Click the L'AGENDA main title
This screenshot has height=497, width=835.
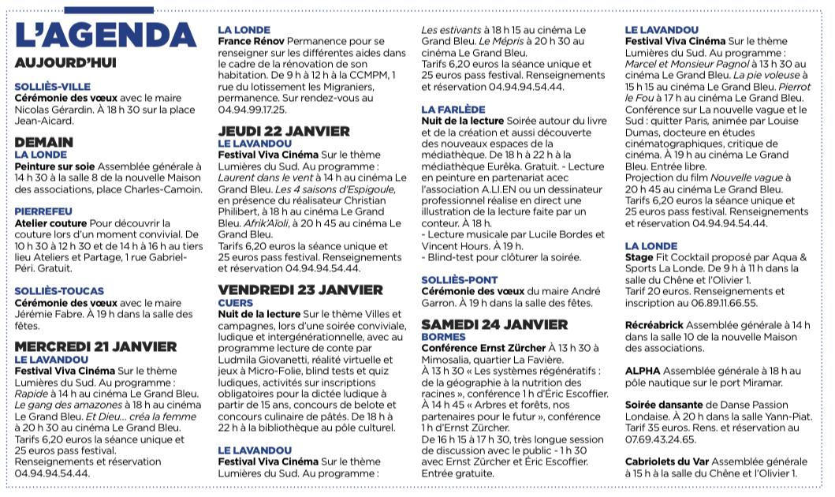coord(105,35)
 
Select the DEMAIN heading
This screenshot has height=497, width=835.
coord(44,143)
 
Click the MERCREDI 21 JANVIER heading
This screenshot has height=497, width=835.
coord(95,346)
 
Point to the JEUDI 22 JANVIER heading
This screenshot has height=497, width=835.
coord(284,131)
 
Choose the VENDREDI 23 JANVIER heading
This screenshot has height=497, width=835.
coord(300,290)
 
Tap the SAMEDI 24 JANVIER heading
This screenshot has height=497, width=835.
coord(494,324)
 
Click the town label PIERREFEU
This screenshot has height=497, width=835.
coord(43,211)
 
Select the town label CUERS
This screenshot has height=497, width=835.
coord(235,302)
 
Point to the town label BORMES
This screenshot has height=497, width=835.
coord(443,336)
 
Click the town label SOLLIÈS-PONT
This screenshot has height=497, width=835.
coord(460,279)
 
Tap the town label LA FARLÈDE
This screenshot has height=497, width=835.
coord(453,109)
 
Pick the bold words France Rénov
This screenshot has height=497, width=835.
coord(252,40)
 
